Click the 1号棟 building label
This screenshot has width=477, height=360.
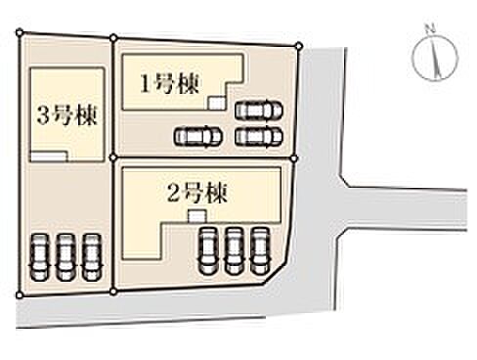click(x=169, y=83)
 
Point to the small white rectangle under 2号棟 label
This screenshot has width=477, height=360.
click(x=196, y=213)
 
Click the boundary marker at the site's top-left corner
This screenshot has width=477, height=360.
click(x=19, y=32)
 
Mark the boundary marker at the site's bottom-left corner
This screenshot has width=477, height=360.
click(x=18, y=292)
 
